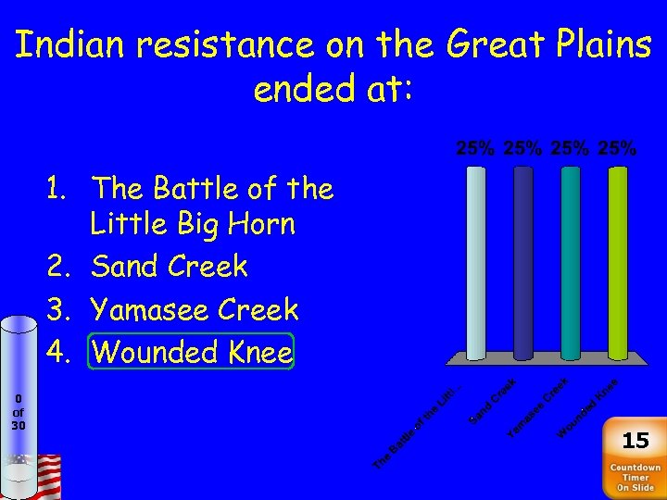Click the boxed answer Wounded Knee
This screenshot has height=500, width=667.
[192, 352]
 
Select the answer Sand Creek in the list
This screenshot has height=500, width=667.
[170, 267]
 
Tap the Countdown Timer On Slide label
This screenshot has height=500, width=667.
[635, 478]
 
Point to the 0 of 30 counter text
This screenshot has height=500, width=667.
[19, 412]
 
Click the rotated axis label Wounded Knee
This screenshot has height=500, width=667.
[587, 408]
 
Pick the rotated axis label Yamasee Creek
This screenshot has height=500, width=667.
[537, 407]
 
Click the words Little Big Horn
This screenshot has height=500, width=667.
[193, 224]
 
